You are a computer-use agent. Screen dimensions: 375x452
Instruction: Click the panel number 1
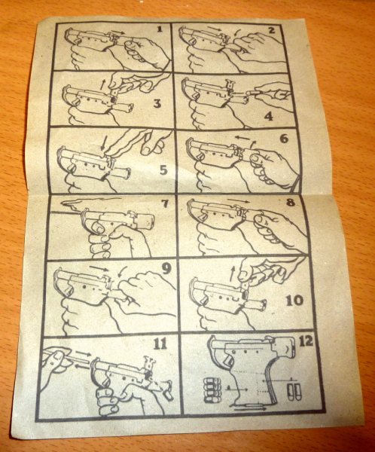(160, 29)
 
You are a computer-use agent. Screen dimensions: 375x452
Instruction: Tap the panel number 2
(271, 29)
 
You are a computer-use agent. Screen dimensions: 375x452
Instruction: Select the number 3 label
(157, 103)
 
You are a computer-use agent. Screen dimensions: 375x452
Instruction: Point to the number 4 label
(268, 116)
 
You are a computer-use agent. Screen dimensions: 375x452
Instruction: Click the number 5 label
(163, 170)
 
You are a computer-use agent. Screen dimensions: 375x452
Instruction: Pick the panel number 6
(284, 139)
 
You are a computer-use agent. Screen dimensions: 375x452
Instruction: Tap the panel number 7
(164, 204)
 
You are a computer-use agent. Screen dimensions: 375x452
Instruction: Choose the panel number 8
(290, 203)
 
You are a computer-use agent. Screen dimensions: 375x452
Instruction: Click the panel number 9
(166, 269)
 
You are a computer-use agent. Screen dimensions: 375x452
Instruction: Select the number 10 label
(294, 301)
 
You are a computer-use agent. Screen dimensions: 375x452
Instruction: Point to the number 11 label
(160, 344)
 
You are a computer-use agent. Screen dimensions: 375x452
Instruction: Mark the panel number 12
(306, 341)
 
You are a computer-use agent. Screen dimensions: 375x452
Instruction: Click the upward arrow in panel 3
(102, 84)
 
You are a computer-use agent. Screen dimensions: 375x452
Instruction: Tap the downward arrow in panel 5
(104, 142)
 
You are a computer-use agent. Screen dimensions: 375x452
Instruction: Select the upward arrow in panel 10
(232, 273)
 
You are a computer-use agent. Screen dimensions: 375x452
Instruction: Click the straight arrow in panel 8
(239, 201)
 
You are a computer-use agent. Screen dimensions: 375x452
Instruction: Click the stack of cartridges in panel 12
(212, 390)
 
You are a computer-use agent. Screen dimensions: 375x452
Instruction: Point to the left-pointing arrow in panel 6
(242, 138)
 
